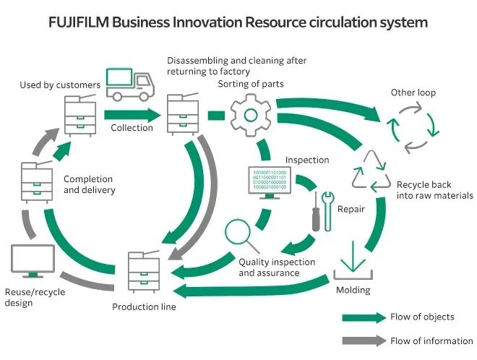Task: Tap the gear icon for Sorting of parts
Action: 250,115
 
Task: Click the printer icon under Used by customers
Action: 79,114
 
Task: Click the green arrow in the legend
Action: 364,317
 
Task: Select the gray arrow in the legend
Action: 364,340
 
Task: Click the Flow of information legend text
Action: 431,340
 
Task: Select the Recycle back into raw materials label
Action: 434,190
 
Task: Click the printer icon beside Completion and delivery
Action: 37,182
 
